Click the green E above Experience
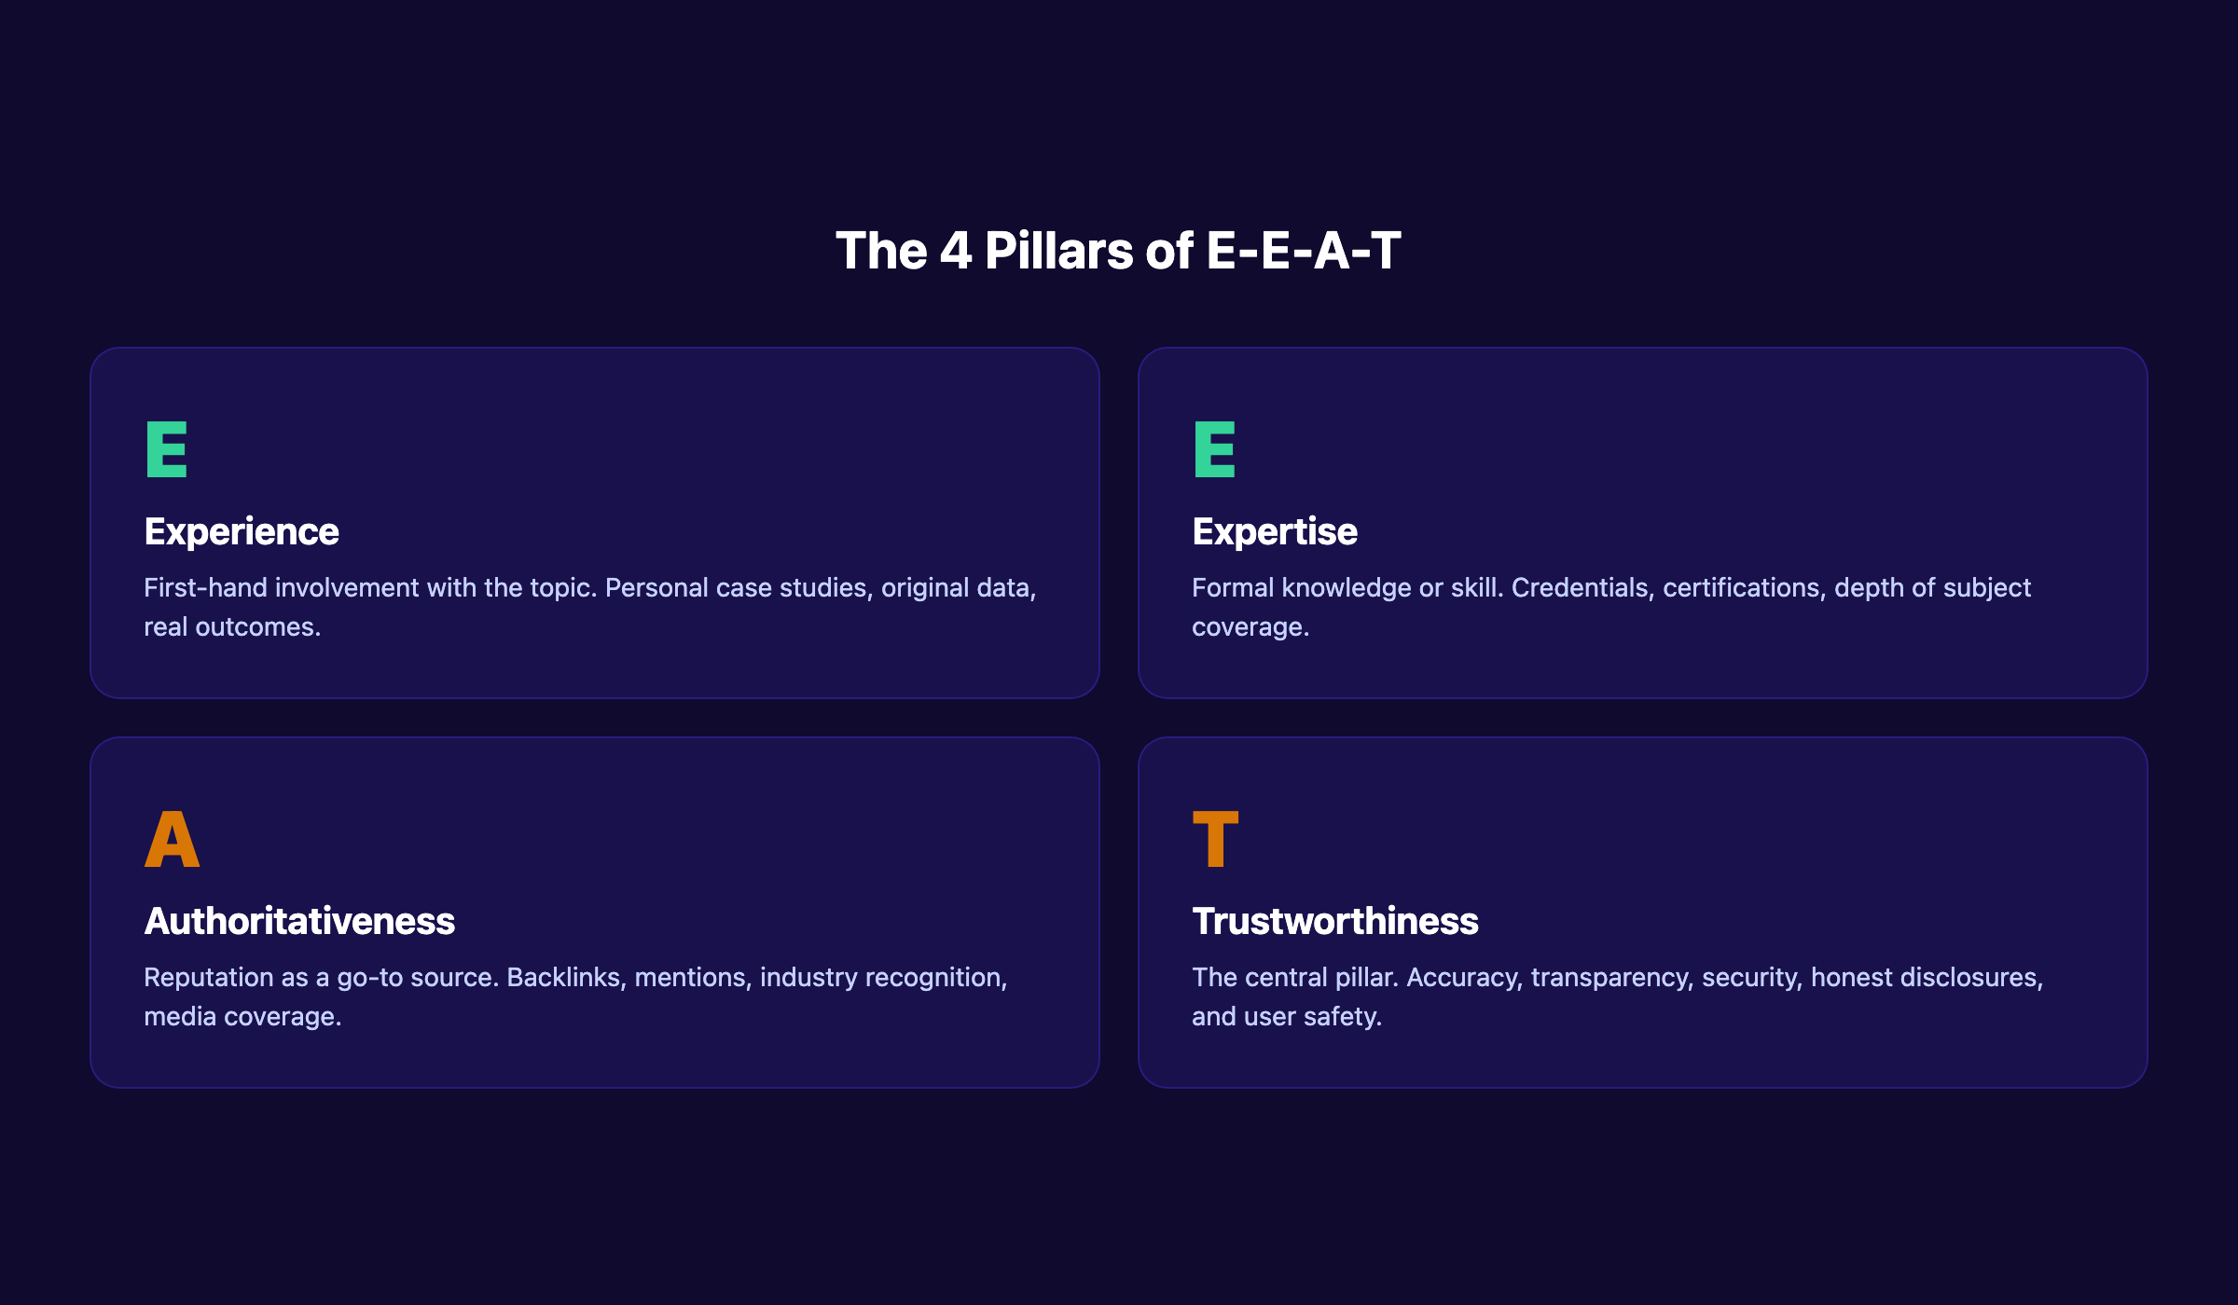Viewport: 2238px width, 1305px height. tap(167, 449)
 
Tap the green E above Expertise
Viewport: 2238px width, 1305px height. tap(1214, 449)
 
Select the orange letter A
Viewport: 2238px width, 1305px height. tap(173, 839)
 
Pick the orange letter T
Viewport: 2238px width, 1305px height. tap(1215, 839)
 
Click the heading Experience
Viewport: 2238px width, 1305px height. tap(242, 532)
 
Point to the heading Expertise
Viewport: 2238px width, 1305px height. tap(1275, 532)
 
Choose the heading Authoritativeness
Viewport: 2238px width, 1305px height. tap(299, 922)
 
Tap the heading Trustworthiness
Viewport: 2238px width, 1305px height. tap(1335, 922)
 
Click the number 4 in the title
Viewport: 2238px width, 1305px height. tap(956, 252)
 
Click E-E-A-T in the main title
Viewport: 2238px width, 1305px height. tap(1304, 252)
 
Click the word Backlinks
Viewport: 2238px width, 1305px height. tap(566, 978)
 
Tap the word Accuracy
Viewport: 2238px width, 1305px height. tap(1464, 978)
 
